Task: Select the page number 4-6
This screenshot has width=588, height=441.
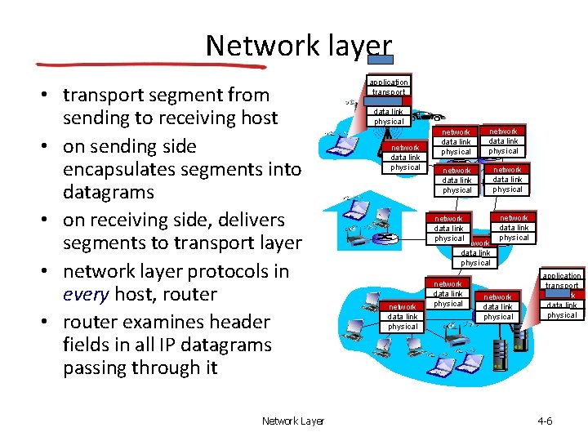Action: tap(545, 421)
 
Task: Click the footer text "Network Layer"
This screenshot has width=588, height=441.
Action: tap(292, 421)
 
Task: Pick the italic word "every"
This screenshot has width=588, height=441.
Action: tap(86, 295)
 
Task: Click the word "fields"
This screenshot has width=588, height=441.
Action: tap(86, 345)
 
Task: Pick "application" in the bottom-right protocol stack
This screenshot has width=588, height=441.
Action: tap(562, 276)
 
